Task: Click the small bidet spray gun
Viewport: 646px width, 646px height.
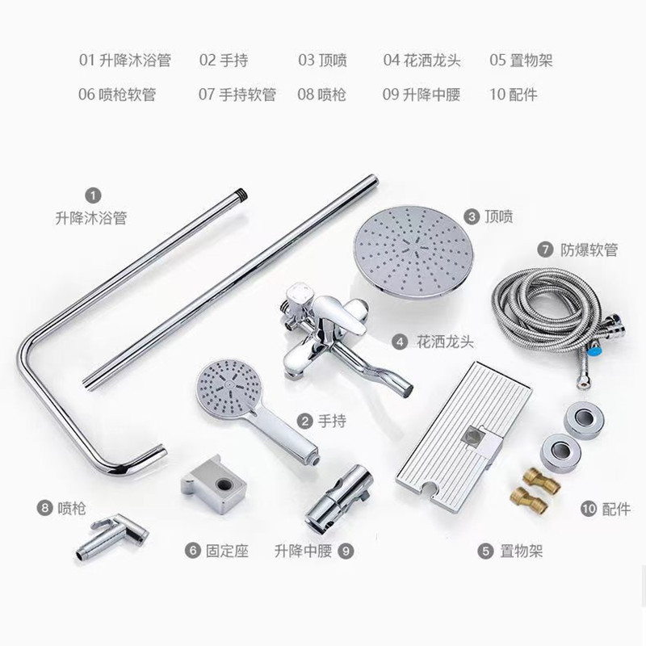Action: point(112,536)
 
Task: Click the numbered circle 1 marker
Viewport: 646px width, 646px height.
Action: point(93,195)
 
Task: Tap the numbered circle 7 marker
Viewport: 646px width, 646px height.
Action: point(545,250)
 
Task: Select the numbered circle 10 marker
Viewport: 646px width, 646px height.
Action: point(589,509)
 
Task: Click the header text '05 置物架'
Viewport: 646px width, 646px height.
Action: point(521,61)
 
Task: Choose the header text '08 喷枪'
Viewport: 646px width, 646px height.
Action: point(321,94)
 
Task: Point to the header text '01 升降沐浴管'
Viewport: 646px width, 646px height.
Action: point(125,61)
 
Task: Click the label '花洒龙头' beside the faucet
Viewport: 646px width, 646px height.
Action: point(446,342)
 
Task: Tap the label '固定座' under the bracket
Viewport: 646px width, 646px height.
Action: point(227,551)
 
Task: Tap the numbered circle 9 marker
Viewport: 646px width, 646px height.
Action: point(346,552)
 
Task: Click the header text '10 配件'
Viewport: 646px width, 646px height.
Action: point(514,94)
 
